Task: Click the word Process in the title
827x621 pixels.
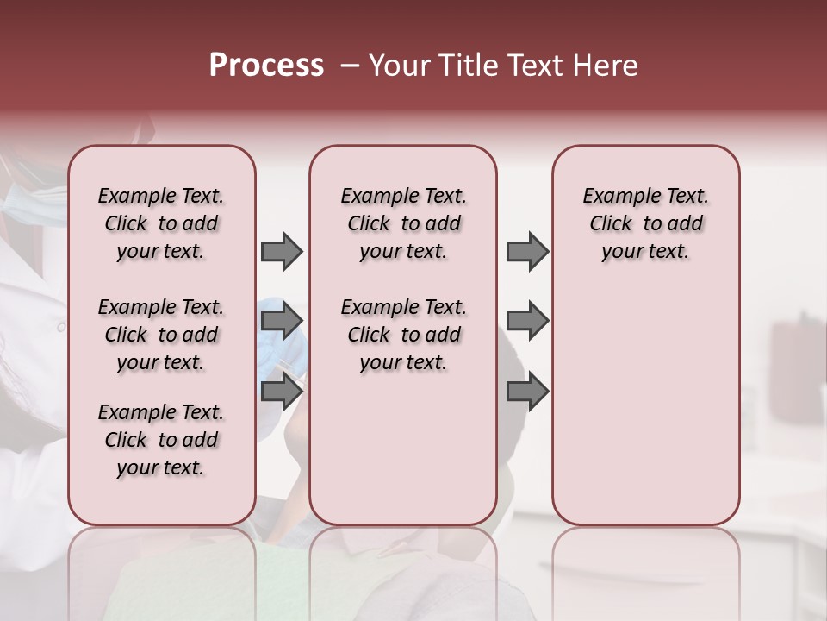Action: (266, 66)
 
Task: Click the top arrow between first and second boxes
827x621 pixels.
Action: (282, 252)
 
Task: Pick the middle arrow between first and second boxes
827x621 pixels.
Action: (282, 322)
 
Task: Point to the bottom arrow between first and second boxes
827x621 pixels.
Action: (282, 392)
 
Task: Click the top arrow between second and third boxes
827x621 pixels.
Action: (527, 252)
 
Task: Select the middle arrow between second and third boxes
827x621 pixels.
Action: (527, 322)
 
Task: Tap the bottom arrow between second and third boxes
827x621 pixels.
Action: (527, 392)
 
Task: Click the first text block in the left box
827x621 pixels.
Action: (161, 223)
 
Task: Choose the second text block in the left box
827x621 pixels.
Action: (161, 335)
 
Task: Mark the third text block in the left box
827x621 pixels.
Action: (161, 440)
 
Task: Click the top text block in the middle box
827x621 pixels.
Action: (404, 223)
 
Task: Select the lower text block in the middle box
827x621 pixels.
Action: (404, 335)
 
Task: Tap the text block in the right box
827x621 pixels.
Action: (646, 223)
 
